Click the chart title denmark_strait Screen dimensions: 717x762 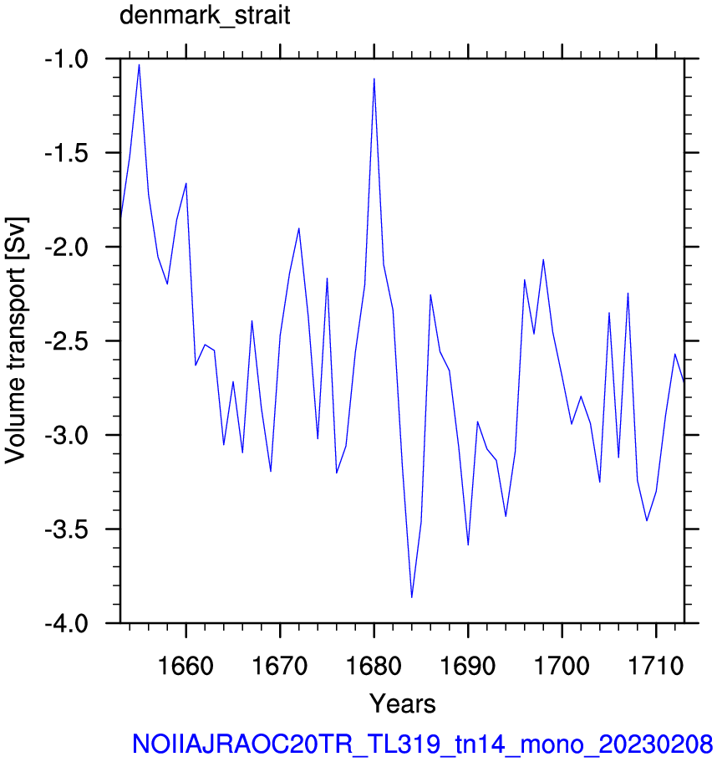coord(205,15)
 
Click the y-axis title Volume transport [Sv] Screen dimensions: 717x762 coord(16,340)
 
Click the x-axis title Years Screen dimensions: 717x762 coord(403,703)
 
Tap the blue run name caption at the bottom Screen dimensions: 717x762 coord(422,744)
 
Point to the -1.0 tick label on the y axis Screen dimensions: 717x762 coord(67,59)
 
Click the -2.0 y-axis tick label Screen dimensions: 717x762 coord(67,248)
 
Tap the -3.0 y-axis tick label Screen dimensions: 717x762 coord(67,436)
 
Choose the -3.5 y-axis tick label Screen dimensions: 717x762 coord(67,529)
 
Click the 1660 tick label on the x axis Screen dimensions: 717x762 coord(186,665)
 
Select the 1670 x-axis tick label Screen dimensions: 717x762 coord(280,665)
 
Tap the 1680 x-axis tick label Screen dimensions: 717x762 coord(374,665)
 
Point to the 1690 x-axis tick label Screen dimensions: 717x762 coord(468,665)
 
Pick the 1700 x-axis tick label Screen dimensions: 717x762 coord(562,665)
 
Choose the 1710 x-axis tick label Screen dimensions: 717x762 coord(656,665)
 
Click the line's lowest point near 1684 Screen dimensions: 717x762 coord(412,597)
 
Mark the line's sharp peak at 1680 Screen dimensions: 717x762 coord(374,79)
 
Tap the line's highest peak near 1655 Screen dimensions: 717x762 coord(140,64)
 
